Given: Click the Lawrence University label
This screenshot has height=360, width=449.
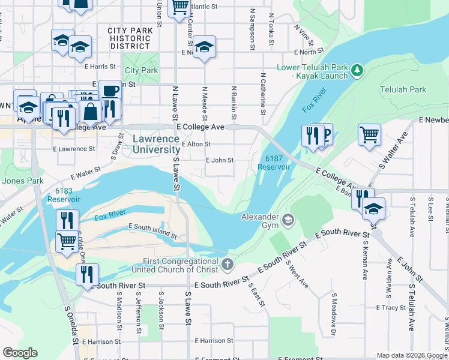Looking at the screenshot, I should tap(155, 144).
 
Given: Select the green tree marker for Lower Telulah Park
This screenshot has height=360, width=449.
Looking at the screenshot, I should tap(358, 71).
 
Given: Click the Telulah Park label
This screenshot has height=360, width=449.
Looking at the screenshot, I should tap(406, 89).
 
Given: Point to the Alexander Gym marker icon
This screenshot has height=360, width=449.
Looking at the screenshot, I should tap(288, 220).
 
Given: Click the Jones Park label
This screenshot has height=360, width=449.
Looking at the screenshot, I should tap(22, 180).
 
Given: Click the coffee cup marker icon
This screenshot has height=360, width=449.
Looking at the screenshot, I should tap(110, 91).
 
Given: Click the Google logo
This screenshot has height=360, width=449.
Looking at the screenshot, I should tap(20, 353).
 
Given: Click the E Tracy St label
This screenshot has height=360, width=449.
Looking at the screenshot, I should tap(391, 307).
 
